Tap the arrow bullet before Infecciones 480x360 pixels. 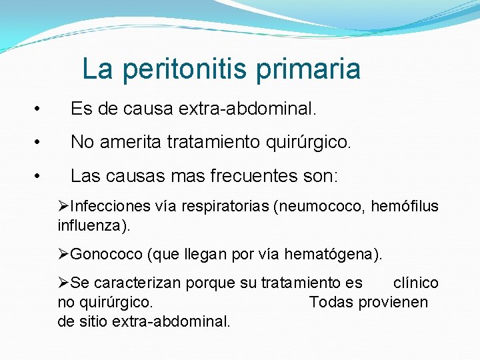point(63,207)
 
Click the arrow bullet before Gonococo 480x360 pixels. point(63,254)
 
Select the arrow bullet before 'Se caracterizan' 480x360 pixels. point(63,283)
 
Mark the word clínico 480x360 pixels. point(416,283)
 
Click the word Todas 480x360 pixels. point(332,302)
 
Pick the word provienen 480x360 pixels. point(393,302)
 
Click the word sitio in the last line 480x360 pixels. point(93,321)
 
